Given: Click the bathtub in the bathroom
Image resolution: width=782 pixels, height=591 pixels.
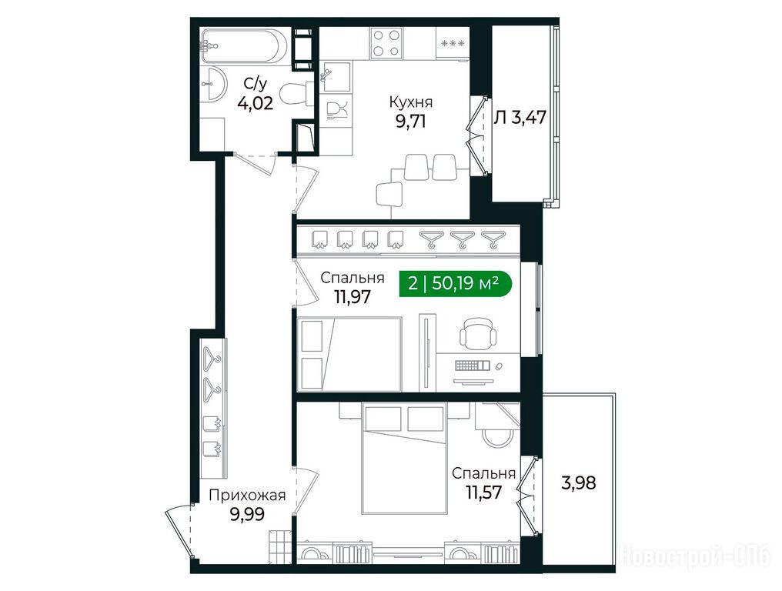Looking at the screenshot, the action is coord(245,46).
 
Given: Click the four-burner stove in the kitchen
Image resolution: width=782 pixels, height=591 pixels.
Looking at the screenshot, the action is coord(387,43).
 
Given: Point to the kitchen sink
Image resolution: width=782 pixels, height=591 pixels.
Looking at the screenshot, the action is coord(336,77).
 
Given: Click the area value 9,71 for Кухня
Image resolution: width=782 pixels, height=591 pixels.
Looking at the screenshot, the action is coord(411,121).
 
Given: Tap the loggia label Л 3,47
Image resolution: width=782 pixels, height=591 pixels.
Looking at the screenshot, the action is coord(520,117).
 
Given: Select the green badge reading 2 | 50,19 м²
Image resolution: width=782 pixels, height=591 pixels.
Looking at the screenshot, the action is coord(456,284).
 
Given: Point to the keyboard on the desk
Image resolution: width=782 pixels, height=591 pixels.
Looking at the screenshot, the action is coord(472,366).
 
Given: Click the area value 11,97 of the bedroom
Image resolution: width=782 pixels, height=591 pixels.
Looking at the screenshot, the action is coord(353,297).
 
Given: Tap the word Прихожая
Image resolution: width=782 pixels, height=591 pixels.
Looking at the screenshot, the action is coord(247,496).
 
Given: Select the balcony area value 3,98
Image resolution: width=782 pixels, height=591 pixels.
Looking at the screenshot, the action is coord(579,482).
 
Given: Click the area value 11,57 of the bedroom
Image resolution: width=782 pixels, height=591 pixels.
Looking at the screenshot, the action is coord(484,492).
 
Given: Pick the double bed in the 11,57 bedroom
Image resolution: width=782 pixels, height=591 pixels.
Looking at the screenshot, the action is coord(404,459).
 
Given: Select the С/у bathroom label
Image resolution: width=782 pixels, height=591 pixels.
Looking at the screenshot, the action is coord(256,82).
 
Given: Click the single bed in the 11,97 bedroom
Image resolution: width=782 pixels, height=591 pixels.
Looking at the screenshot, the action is coord(349,354).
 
